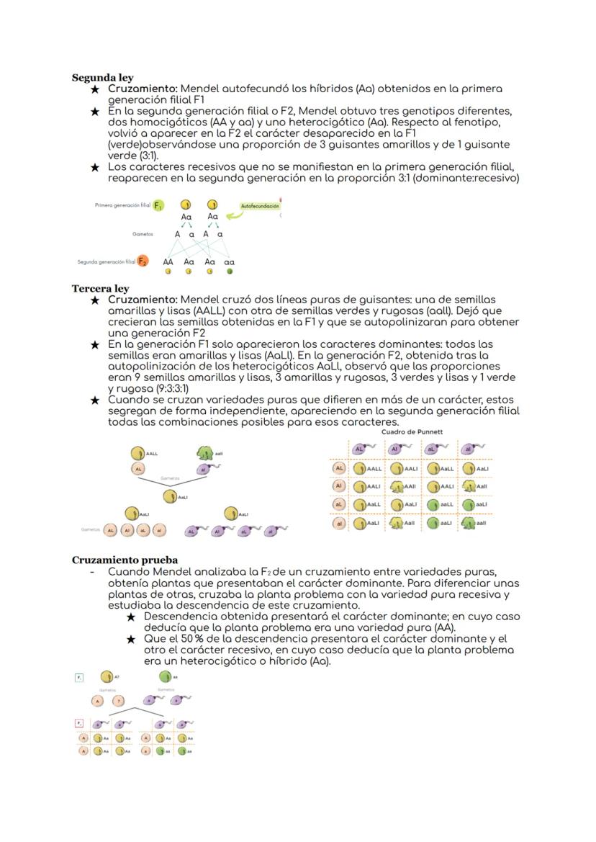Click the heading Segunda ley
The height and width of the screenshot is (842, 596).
tap(102, 77)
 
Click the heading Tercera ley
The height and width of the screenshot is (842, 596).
tap(100, 288)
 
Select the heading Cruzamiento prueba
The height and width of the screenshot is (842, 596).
tap(125, 560)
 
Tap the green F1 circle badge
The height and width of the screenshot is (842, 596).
tap(158, 205)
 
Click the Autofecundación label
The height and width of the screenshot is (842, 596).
tap(259, 206)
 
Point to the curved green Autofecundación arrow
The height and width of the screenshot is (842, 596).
tap(232, 213)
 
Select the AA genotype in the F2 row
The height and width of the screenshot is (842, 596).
tap(168, 262)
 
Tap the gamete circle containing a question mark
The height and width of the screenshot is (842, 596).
tap(119, 700)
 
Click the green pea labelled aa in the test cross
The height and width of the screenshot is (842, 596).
tap(165, 676)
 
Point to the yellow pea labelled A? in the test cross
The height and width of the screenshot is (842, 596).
tap(107, 676)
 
